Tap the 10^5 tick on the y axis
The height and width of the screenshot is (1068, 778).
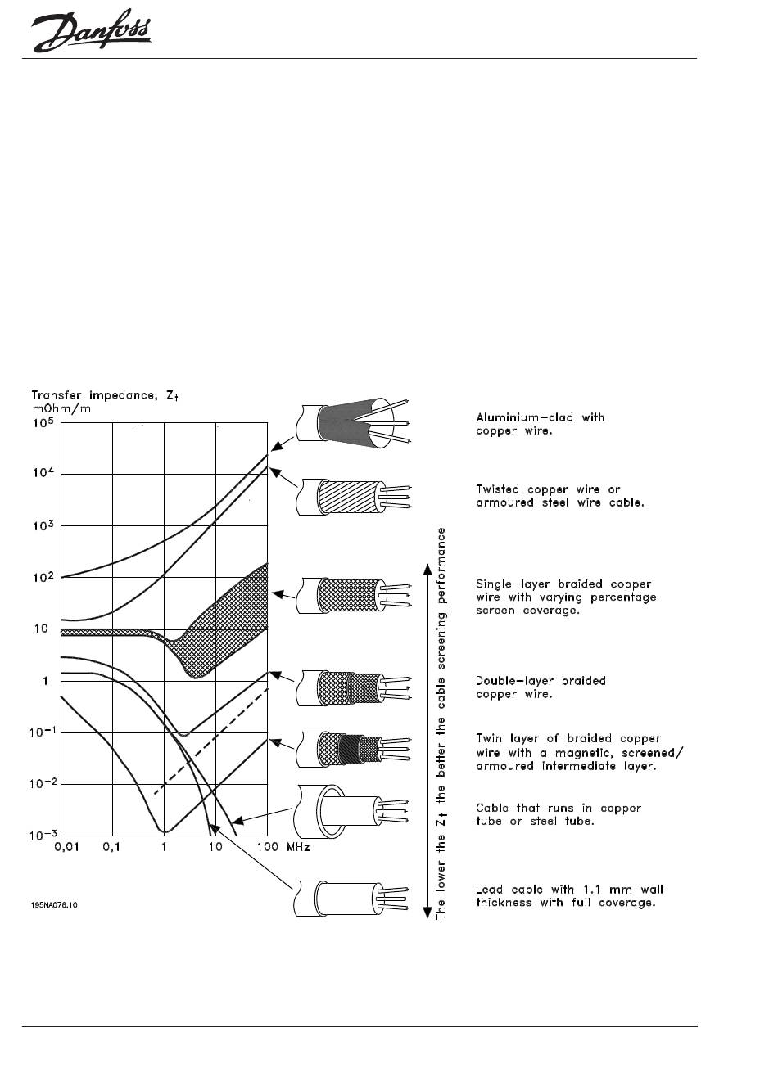point(43,423)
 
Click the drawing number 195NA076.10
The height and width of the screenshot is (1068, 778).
point(59,905)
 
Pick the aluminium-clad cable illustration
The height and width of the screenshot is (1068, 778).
point(352,421)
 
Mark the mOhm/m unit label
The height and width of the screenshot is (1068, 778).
point(61,409)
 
